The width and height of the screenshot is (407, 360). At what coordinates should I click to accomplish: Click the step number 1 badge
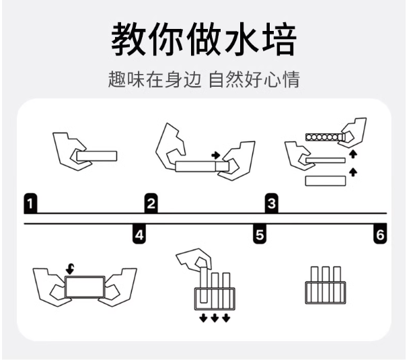[30, 203]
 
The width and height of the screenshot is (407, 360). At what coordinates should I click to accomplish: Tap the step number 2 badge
[151, 203]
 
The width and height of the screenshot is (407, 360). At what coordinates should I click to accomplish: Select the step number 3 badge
[272, 203]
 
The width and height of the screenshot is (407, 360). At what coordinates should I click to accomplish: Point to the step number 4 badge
[139, 233]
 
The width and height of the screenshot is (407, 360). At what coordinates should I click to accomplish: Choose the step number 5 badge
[260, 233]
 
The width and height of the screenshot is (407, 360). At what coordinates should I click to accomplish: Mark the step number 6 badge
[380, 233]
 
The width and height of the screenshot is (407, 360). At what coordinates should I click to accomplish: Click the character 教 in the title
[128, 39]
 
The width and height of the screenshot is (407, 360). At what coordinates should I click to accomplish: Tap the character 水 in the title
[241, 39]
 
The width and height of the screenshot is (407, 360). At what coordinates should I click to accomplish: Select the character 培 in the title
[279, 39]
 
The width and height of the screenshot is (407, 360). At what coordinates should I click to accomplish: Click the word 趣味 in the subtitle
[126, 79]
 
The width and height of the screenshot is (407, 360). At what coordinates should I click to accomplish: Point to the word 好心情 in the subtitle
[272, 79]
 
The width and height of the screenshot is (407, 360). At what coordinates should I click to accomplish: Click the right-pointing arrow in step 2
[216, 155]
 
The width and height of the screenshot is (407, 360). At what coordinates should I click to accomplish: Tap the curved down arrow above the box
[70, 269]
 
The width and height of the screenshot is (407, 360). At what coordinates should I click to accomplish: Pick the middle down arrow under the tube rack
[215, 318]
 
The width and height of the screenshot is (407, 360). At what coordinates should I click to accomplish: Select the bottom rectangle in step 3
[326, 181]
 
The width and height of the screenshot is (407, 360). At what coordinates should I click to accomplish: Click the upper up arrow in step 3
[353, 153]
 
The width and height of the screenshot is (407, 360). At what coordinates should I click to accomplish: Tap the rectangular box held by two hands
[85, 287]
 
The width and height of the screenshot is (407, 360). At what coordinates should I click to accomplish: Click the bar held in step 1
[97, 156]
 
